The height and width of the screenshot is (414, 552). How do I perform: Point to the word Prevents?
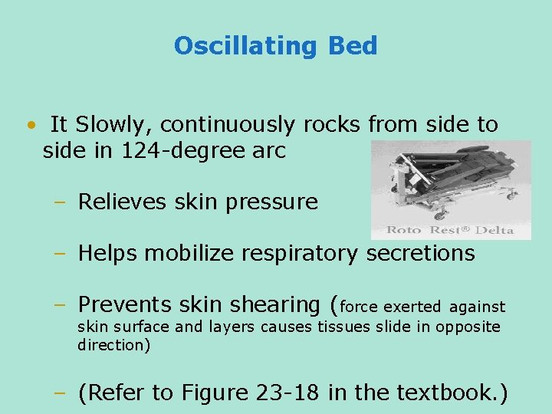pyautogui.click(x=125, y=305)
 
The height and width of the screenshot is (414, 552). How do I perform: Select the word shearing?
pyautogui.click(x=273, y=305)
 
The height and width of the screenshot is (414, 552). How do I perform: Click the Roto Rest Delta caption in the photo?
pyautogui.click(x=450, y=229)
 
